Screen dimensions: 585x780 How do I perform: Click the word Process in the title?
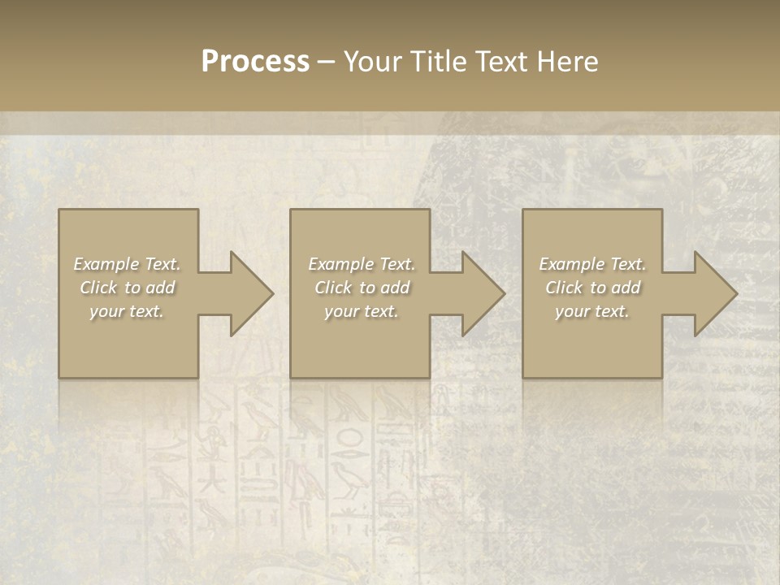tap(255, 62)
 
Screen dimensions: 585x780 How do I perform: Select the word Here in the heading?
tap(567, 62)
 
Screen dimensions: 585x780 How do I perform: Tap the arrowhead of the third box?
tap(714, 293)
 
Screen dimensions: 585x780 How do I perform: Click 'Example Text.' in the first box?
tap(127, 264)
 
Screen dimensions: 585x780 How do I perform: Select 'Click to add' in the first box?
tap(127, 288)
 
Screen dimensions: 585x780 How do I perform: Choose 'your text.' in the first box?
tap(127, 311)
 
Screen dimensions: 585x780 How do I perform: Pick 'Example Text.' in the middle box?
tap(362, 264)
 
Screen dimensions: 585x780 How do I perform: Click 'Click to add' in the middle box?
tap(362, 288)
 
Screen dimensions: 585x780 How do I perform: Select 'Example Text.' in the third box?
tap(592, 264)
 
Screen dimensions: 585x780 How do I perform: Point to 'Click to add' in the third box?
tap(592, 288)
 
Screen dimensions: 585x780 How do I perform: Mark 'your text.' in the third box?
tap(592, 311)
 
